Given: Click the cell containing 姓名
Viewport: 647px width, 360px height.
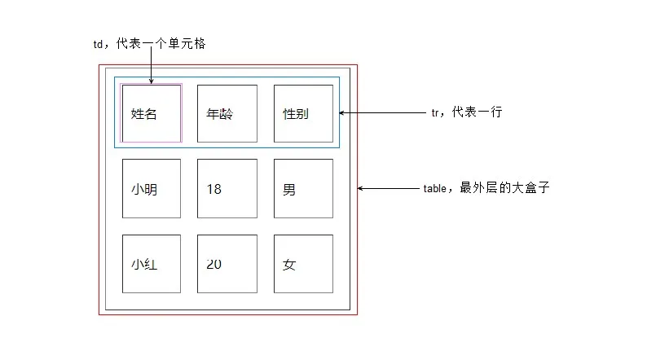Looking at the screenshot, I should [152, 113].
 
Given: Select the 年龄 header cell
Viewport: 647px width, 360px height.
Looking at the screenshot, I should [227, 113].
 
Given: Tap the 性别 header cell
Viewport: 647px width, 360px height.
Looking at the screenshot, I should [303, 113].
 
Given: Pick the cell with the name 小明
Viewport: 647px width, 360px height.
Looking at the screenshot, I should [152, 189].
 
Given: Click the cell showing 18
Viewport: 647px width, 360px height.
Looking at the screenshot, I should [227, 189].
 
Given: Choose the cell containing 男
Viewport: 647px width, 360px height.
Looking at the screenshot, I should [303, 189].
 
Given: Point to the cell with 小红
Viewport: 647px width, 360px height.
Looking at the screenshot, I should [152, 265].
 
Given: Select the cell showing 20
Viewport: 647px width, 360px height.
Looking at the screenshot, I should [227, 265].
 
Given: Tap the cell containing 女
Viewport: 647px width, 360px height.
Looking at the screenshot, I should [303, 265].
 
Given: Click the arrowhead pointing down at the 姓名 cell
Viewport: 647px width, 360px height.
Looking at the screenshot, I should [152, 80].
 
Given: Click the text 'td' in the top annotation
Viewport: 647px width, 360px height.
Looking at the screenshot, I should [99, 45].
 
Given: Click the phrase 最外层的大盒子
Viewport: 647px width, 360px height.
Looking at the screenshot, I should [505, 187].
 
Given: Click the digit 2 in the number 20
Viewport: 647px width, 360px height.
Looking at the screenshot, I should [210, 264].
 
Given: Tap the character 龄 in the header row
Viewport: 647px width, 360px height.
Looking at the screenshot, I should [227, 114].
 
